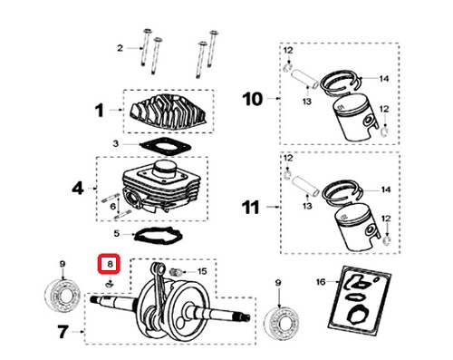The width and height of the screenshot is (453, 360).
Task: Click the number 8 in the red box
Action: pos(110,264)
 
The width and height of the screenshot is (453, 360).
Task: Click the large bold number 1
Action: pos(100,111)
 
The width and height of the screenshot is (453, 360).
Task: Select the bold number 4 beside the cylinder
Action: pos(78,189)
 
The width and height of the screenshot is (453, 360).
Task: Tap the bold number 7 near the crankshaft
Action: pos(63,332)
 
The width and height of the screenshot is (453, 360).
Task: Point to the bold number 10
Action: pos(253,99)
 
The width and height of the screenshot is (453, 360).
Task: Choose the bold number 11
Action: pos(251,207)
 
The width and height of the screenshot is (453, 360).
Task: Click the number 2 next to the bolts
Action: pos(120,48)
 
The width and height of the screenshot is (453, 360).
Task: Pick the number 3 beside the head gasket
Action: pos(116,143)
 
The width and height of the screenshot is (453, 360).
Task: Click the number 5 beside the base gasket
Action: pos(117,233)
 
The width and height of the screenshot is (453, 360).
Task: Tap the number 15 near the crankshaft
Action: pos(202,271)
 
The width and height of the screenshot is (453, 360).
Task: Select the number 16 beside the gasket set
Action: pos(321,282)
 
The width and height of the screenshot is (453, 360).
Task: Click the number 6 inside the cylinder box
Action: pos(113,207)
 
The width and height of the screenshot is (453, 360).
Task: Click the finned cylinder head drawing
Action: pos(169,112)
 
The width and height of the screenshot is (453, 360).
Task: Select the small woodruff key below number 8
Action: pos(109,284)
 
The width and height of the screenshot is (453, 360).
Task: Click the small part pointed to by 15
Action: pos(176,271)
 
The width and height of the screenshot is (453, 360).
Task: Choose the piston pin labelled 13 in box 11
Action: pos(306,185)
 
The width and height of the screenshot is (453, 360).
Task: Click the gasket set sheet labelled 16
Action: pos(360,301)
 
